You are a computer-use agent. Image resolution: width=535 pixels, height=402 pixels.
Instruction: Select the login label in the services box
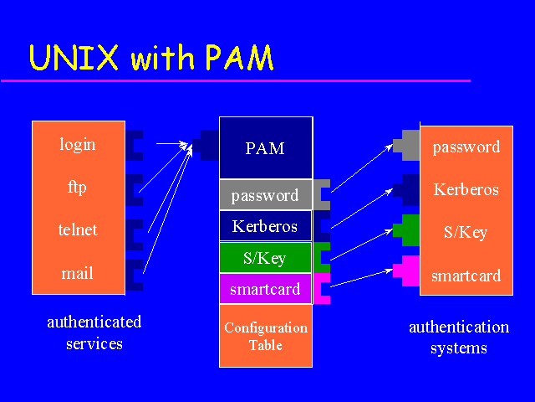(x=78, y=145)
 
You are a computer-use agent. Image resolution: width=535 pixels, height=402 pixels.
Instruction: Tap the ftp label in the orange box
(x=78, y=187)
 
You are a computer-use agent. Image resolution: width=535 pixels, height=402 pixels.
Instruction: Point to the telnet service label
(x=78, y=229)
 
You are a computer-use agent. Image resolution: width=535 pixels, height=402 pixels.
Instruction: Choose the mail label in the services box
(x=78, y=273)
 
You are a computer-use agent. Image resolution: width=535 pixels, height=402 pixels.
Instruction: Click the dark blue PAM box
(x=266, y=148)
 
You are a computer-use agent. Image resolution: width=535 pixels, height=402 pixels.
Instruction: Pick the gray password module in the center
(x=265, y=196)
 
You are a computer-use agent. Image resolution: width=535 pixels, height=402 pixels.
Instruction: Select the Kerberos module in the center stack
(x=265, y=226)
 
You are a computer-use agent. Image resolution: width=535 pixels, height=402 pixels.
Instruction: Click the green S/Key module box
(x=265, y=258)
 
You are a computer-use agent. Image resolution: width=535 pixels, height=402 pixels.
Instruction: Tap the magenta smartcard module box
(x=265, y=290)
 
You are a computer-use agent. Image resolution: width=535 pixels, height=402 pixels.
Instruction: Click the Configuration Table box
(x=266, y=336)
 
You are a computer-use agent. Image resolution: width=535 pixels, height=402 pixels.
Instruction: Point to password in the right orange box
(x=466, y=147)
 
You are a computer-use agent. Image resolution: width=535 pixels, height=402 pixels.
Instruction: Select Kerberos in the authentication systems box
(x=466, y=190)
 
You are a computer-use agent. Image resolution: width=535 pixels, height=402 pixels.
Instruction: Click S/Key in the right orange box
(x=466, y=232)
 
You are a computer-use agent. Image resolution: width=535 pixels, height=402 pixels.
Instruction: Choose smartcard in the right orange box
(x=466, y=276)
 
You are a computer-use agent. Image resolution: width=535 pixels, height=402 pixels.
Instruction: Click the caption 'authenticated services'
(x=94, y=332)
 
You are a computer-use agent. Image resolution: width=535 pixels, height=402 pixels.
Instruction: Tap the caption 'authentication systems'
(x=459, y=338)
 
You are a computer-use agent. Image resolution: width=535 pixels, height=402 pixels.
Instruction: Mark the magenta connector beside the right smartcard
(x=408, y=271)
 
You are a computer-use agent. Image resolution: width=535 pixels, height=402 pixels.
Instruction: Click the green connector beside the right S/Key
(x=408, y=229)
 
